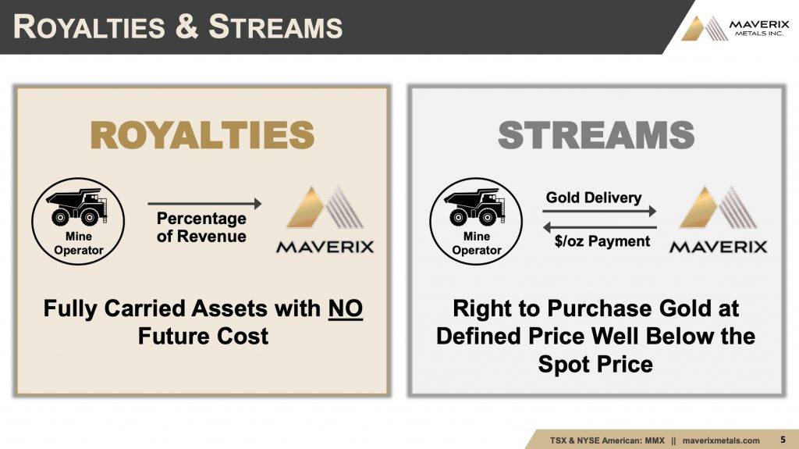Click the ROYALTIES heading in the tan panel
pyautogui.click(x=202, y=135)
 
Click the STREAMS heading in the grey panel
pyautogui.click(x=596, y=135)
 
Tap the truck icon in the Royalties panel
pyautogui.click(x=77, y=206)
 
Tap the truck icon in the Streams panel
pyautogui.click(x=475, y=206)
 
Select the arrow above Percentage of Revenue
pyautogui.click(x=204, y=204)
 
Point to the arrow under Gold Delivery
pyautogui.click(x=599, y=211)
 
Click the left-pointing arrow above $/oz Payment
pyautogui.click(x=600, y=227)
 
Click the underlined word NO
pyautogui.click(x=346, y=308)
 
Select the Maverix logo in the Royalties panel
pyautogui.click(x=325, y=220)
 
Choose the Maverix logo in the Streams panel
pyautogui.click(x=719, y=220)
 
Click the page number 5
pyautogui.click(x=783, y=440)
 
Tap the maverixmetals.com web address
pyautogui.click(x=721, y=440)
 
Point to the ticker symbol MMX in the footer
pyautogui.click(x=655, y=440)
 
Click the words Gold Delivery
pyautogui.click(x=594, y=198)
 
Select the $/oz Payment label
pyautogui.click(x=602, y=241)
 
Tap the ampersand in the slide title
pyautogui.click(x=187, y=27)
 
